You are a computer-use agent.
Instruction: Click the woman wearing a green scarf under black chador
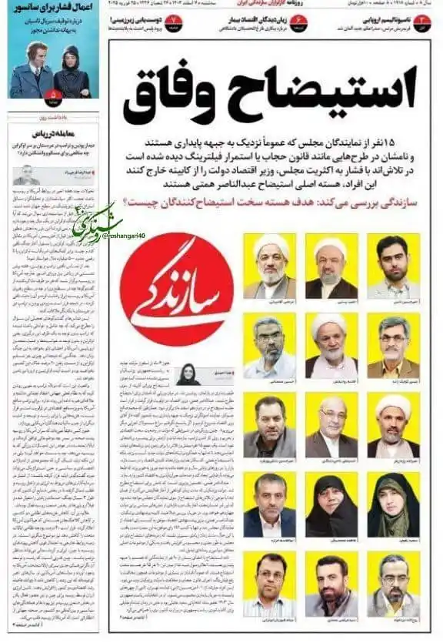[392, 504]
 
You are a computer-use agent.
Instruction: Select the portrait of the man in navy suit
[269, 504]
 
